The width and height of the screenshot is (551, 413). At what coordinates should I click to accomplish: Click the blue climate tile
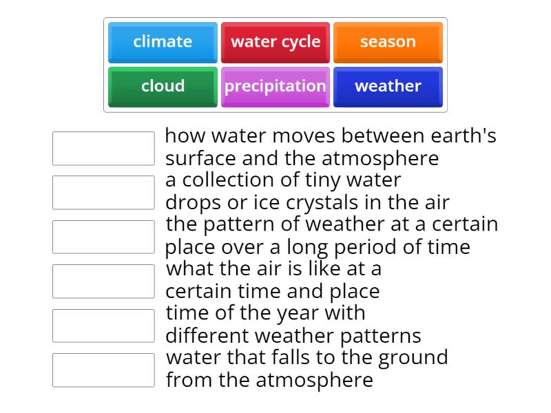163,42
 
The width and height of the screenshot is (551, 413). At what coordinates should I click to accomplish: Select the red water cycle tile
275,42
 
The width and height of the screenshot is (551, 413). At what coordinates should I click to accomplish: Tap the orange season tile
388,42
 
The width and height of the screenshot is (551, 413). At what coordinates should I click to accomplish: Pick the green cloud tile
163,87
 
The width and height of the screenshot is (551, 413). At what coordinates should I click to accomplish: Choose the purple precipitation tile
275,87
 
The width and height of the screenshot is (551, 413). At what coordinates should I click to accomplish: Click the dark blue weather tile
388,87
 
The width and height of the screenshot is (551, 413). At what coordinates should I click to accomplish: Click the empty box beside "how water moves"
103,149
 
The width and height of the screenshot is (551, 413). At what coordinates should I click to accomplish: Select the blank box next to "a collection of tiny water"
103,192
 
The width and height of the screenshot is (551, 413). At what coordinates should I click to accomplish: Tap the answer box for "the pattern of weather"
103,237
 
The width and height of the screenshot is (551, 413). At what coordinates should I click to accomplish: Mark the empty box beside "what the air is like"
103,281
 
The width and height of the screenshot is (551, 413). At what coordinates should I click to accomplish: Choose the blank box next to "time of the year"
103,326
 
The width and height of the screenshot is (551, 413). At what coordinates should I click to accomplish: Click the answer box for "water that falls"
103,370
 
